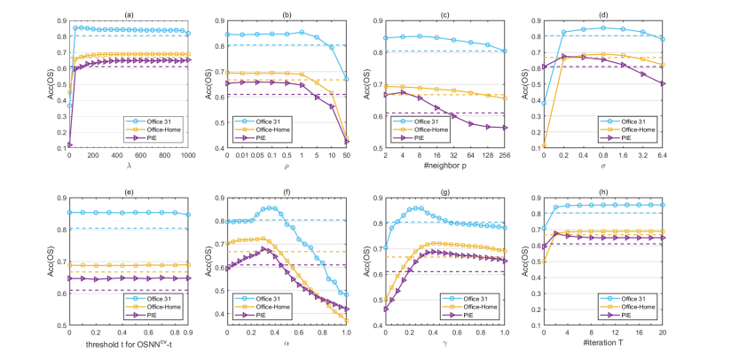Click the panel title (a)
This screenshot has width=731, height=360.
(x=130, y=13)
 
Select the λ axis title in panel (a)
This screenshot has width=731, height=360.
(x=130, y=166)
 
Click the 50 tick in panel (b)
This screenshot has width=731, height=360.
(x=347, y=156)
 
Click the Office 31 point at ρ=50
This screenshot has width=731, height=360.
(x=347, y=79)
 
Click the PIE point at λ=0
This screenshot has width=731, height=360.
(x=69, y=144)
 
